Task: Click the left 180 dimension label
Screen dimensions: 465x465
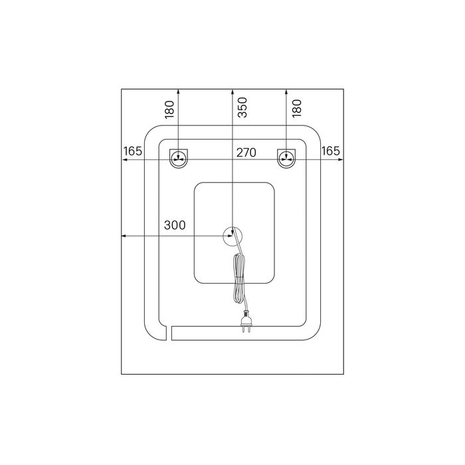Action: [x=169, y=110]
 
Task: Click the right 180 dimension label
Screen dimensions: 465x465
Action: [x=297, y=108]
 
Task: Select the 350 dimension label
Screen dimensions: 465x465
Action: [x=242, y=108]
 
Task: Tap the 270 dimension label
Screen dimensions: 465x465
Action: [x=246, y=153]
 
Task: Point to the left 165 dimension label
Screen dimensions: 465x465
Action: [x=133, y=151]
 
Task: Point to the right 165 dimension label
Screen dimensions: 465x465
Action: [x=331, y=151]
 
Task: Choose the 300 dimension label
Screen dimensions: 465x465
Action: [x=175, y=225]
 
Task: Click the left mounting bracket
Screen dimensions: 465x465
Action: [x=179, y=158]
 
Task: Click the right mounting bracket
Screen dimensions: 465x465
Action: [x=286, y=158]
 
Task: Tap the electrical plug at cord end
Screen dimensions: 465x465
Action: [x=246, y=321]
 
